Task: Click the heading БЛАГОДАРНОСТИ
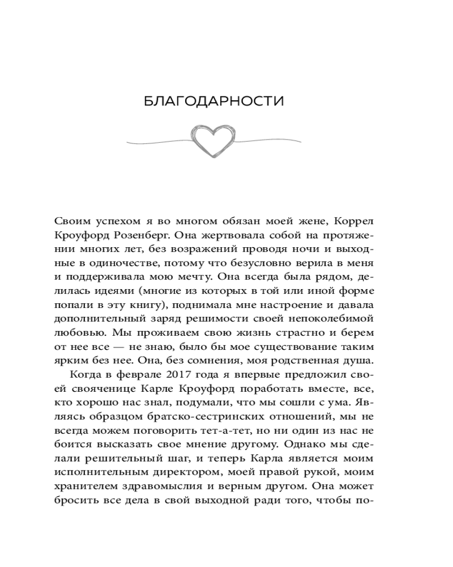click(x=213, y=101)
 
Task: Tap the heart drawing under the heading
click(x=213, y=139)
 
